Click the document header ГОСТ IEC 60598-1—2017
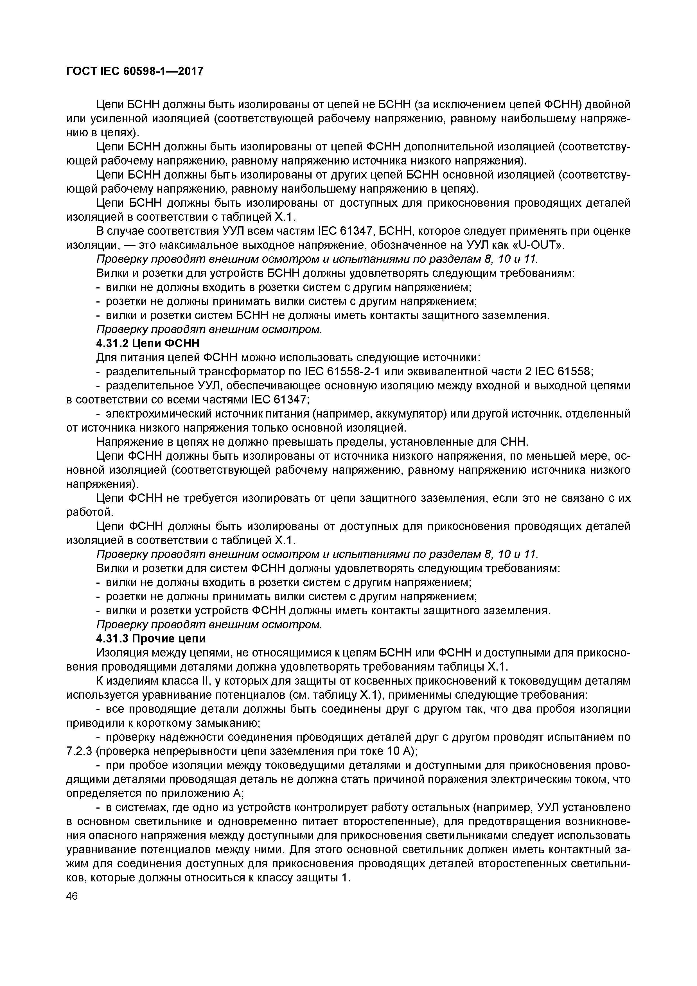[134, 71]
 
